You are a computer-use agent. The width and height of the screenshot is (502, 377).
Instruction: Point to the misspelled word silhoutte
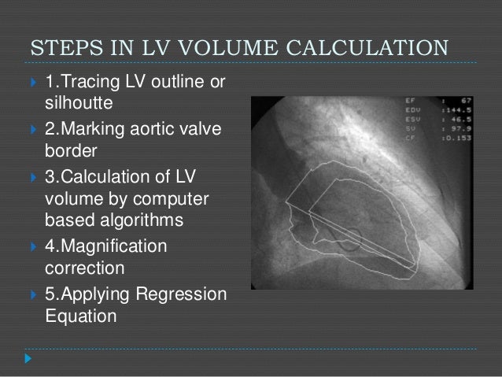click(x=76, y=103)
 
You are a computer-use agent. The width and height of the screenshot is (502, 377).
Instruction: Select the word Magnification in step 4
click(x=105, y=246)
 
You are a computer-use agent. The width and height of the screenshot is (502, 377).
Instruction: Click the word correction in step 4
click(x=84, y=268)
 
